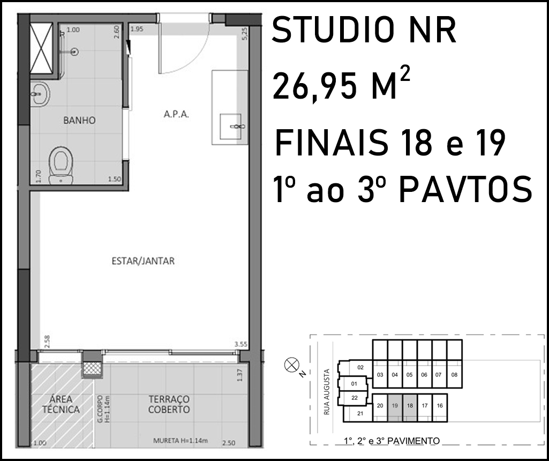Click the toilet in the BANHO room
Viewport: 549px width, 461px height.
point(61,165)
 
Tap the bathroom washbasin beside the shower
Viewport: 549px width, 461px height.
point(40,94)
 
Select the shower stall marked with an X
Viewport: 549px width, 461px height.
point(41,48)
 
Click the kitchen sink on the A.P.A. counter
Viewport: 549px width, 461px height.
point(231,126)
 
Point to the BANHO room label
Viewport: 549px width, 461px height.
point(79,121)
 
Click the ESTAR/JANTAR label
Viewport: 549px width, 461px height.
point(143,261)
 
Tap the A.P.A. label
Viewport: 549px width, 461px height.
point(176,114)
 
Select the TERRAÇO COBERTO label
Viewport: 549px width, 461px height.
point(169,404)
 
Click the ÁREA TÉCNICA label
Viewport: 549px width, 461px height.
point(61,404)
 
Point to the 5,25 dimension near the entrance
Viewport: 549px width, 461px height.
point(244,34)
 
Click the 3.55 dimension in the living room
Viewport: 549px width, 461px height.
point(241,344)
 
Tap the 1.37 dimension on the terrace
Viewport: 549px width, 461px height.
point(240,375)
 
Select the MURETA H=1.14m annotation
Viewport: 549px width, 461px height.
point(181,441)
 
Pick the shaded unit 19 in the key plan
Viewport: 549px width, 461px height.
point(395,408)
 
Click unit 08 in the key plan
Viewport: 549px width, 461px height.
point(455,375)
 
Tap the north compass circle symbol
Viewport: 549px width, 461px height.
point(291,365)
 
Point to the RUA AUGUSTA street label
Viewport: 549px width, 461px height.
point(327,392)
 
